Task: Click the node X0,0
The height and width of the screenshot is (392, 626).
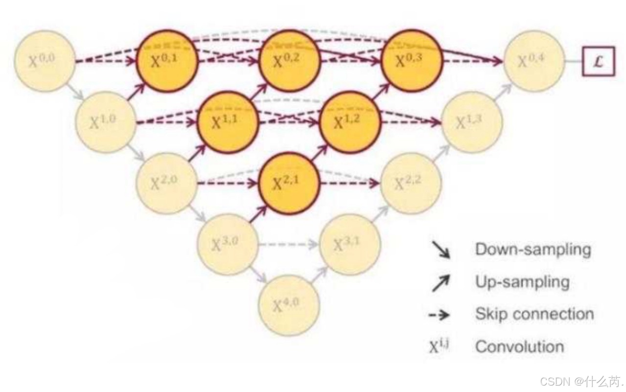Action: coord(45,61)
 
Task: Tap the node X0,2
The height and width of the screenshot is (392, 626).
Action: coord(290,61)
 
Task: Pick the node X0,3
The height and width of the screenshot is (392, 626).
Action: coord(411,61)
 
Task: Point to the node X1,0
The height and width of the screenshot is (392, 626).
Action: coord(106,121)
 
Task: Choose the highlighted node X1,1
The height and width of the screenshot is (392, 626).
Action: coord(228,122)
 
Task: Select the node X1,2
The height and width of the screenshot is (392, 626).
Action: coord(350,122)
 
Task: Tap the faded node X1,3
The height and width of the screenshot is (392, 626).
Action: coord(472,122)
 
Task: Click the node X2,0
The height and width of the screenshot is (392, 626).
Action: coord(167,183)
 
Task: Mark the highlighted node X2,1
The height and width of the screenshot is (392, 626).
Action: coord(289,183)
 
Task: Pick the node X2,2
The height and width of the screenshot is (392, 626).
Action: coord(411,183)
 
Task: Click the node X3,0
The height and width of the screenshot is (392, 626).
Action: coord(228,244)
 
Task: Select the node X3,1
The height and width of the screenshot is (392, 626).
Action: coord(350,244)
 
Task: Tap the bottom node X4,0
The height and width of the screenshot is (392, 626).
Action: coord(289,305)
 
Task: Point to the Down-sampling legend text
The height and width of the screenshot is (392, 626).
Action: coord(533,250)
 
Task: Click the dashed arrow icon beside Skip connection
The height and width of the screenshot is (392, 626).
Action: coord(440,315)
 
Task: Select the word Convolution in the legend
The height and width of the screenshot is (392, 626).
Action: coord(519,347)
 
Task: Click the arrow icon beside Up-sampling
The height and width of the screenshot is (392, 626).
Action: coord(441,283)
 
